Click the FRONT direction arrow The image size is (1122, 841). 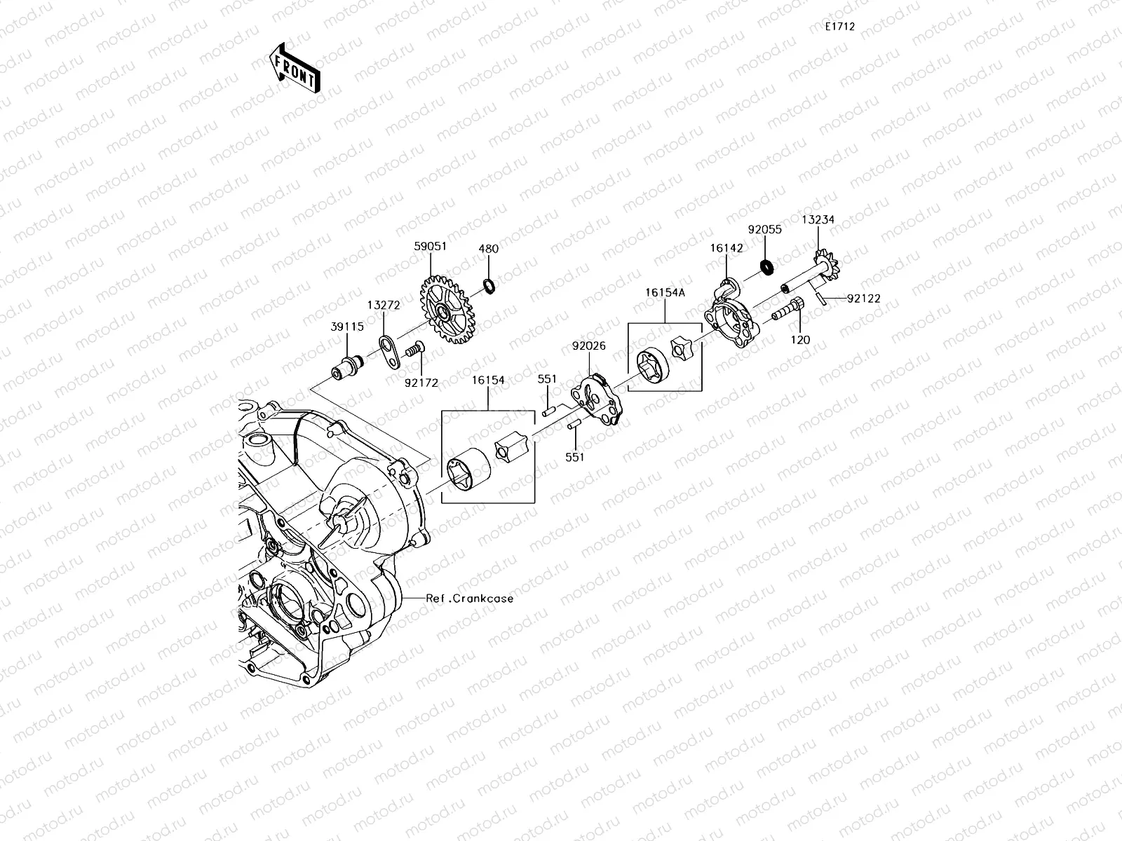pos(295,67)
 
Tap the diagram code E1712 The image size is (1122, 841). pos(839,27)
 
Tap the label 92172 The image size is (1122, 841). pos(421,383)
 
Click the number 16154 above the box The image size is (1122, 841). pos(488,380)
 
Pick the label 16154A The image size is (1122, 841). pos(665,293)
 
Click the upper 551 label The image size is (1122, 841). pos(547,379)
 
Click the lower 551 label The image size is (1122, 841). pos(574,457)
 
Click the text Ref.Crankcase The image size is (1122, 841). pos(470,599)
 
